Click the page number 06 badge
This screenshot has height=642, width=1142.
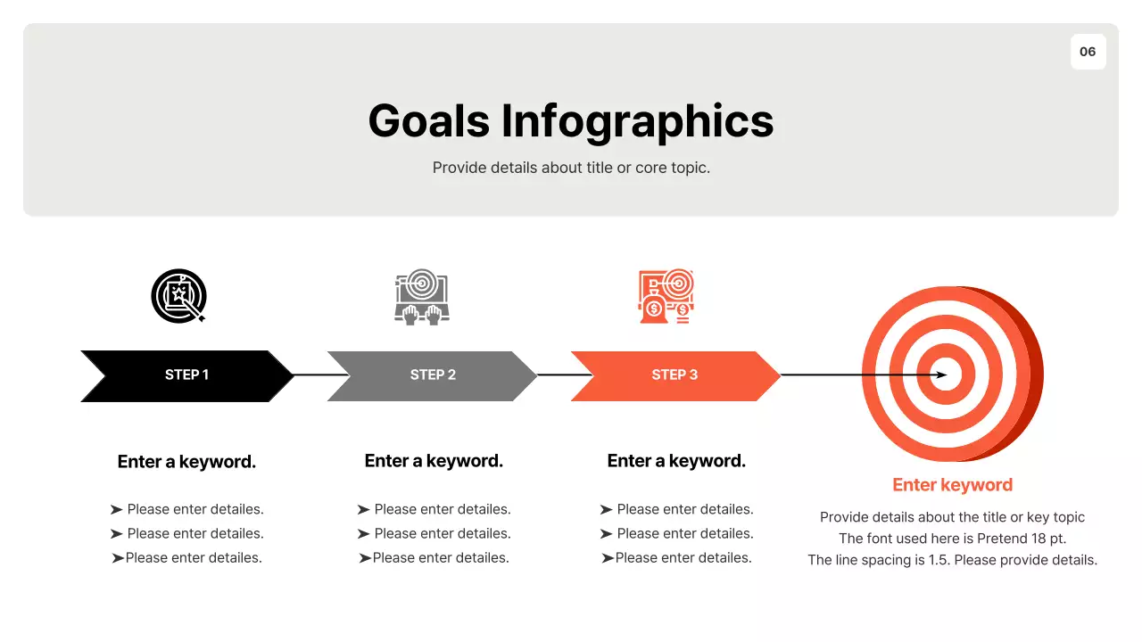click(x=1088, y=52)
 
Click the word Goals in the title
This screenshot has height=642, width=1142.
click(x=429, y=120)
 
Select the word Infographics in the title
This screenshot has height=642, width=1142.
click(x=637, y=120)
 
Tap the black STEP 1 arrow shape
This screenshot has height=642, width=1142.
click(x=186, y=375)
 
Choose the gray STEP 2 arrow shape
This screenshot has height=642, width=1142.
click(x=433, y=375)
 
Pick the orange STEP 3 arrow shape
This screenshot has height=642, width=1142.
click(x=674, y=375)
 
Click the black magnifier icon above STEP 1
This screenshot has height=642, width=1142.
click(x=179, y=296)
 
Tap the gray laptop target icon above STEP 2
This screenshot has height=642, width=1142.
click(x=422, y=296)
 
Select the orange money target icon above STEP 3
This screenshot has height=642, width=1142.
click(x=666, y=296)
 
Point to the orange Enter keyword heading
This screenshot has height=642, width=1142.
click(x=952, y=485)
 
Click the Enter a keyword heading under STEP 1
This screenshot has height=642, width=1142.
click(x=186, y=462)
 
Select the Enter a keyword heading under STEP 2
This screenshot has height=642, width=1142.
click(x=434, y=461)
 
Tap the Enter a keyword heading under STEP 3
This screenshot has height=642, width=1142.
click(x=676, y=461)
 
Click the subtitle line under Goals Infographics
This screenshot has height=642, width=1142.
click(x=571, y=168)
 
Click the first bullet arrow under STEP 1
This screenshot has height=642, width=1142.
click(x=116, y=510)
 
